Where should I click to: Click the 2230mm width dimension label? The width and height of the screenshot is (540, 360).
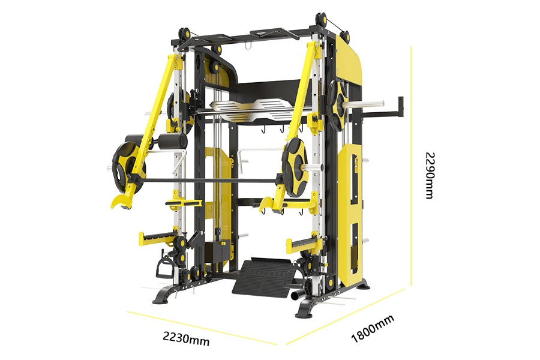tap(186, 338)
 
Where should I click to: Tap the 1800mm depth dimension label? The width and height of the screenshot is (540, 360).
tap(372, 329)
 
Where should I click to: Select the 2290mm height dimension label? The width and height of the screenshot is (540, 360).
tap(430, 175)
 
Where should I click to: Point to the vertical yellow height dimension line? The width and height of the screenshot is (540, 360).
tap(411, 166)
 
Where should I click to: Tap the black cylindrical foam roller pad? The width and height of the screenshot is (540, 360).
tap(173, 141)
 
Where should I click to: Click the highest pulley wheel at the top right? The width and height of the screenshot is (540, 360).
tap(322, 19)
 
